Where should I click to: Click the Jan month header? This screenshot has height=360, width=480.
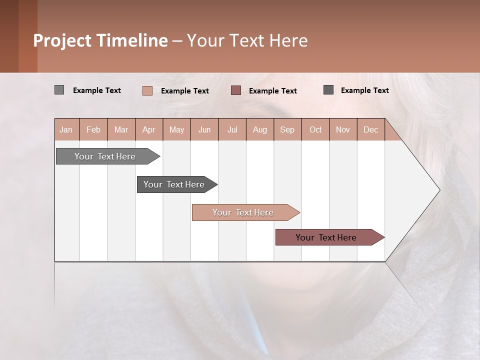click(66, 129)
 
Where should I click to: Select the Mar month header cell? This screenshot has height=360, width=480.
click(121, 129)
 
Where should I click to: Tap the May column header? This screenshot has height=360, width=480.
click(176, 129)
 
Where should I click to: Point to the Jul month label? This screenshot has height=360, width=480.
click(232, 129)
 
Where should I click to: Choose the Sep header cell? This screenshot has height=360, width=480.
click(287, 129)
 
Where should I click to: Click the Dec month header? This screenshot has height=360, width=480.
click(370, 129)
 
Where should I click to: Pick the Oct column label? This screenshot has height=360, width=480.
click(315, 129)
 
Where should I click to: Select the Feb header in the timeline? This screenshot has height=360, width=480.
click(93, 129)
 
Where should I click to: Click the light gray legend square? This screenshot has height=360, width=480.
click(59, 90)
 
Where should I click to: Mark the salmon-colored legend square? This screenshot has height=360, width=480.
click(147, 90)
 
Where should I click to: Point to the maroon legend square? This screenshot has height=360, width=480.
click(236, 90)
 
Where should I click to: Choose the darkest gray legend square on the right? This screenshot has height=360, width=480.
click(328, 89)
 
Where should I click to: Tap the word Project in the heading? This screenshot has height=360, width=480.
click(62, 40)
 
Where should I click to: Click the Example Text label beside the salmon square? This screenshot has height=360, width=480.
click(185, 91)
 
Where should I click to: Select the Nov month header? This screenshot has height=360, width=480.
click(343, 129)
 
